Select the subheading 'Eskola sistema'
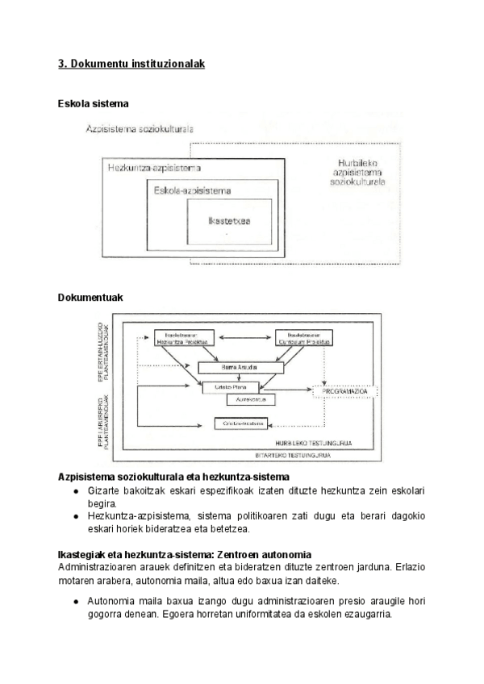coord(94,104)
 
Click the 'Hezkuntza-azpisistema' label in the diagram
coord(154,168)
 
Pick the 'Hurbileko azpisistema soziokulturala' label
coord(357,173)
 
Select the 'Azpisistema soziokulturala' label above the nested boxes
coord(139,129)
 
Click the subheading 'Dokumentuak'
coord(90,298)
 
